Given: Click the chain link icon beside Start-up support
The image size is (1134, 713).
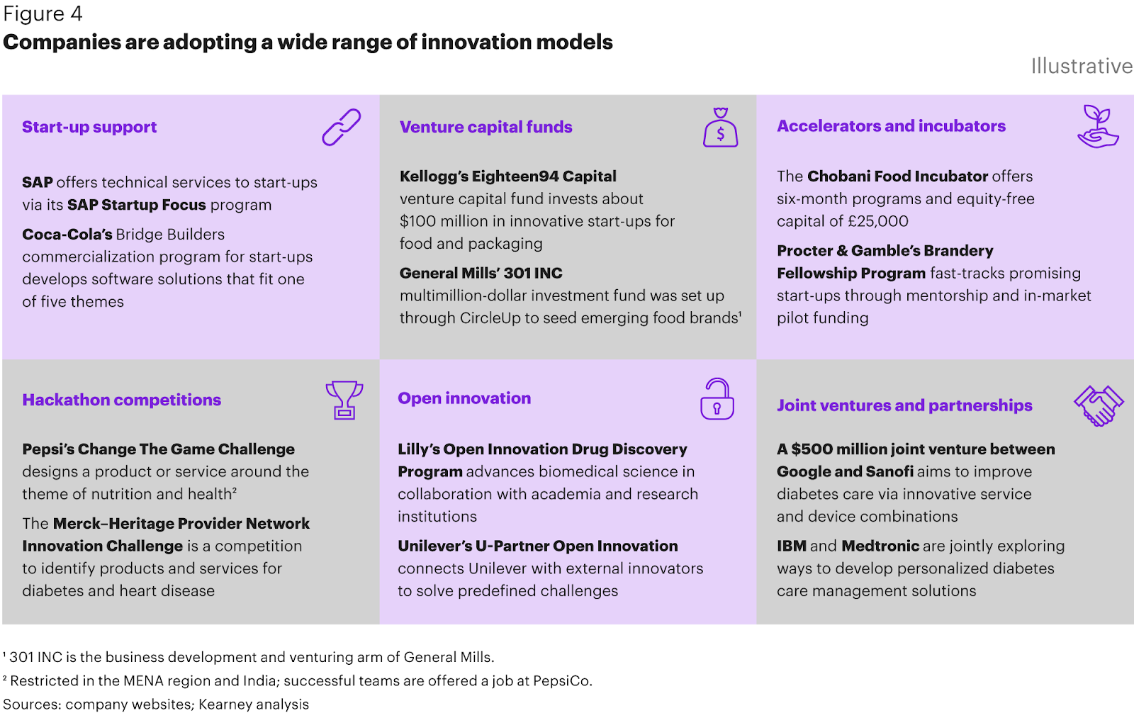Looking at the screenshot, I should (342, 128).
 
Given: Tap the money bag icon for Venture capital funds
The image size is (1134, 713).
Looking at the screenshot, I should (720, 128).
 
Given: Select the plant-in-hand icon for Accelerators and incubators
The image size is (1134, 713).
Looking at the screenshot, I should (1097, 126).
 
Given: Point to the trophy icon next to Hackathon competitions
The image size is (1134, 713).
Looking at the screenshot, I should (344, 400).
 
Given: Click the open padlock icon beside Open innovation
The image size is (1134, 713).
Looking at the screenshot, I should (717, 399).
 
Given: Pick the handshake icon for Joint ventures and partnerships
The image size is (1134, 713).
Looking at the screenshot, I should (1099, 405).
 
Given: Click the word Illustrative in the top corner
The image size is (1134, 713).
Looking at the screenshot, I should (1081, 66).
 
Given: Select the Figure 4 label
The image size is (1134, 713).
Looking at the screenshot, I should (43, 13).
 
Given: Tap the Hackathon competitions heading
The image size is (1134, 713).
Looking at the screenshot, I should (121, 400).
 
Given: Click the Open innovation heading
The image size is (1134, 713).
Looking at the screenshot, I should (464, 398).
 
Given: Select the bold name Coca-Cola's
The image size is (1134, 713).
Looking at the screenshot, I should (67, 235).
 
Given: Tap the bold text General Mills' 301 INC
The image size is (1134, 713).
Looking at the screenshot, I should (481, 273).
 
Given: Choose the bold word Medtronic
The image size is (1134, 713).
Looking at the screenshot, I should (880, 546).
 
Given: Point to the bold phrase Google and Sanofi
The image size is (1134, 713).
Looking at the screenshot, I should (845, 471).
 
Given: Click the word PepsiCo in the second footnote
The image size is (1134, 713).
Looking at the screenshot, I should (561, 681).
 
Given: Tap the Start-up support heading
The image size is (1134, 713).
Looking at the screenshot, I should (89, 127).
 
